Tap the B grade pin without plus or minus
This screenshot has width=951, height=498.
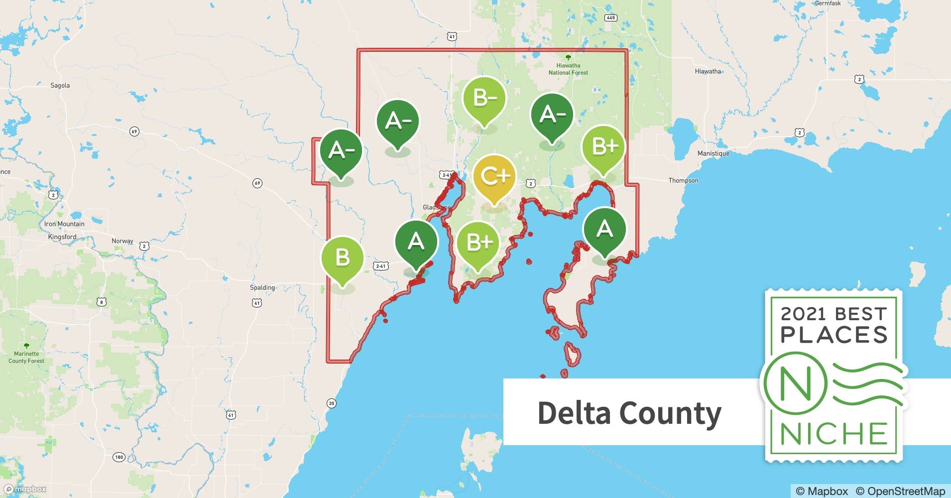(342, 258)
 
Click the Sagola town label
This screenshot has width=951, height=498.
(60, 85)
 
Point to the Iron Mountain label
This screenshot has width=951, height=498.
(64, 224)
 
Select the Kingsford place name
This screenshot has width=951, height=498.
(62, 237)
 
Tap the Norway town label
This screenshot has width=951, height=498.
(122, 241)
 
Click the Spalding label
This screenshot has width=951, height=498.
(262, 287)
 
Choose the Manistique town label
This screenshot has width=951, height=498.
(713, 153)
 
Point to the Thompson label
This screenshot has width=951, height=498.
(683, 180)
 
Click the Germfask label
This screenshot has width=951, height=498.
(828, 3)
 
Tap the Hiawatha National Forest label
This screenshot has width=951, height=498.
(568, 69)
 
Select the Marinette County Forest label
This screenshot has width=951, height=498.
(26, 357)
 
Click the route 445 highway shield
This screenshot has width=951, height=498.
(611, 18)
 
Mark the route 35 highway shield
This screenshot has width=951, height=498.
(332, 403)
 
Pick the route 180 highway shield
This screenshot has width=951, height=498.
(119, 457)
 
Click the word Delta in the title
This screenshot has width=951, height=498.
(574, 412)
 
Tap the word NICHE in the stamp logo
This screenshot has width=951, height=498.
(834, 433)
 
